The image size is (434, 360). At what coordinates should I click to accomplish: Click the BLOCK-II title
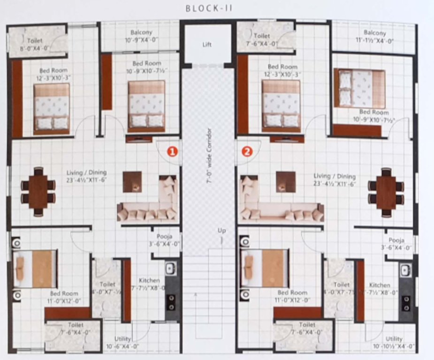[209, 8]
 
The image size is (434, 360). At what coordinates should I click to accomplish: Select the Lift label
[207, 45]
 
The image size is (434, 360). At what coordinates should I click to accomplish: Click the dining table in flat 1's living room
[38, 191]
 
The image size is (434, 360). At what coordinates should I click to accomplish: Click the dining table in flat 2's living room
[386, 192]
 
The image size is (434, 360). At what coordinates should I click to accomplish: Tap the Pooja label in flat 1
[165, 240]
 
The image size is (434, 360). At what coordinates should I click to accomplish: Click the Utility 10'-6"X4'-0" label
[123, 343]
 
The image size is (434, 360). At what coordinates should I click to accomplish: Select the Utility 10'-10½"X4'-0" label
[394, 342]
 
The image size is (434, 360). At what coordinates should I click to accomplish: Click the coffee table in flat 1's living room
[132, 181]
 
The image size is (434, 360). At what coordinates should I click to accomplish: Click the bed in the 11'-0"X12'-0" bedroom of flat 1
[36, 269]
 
